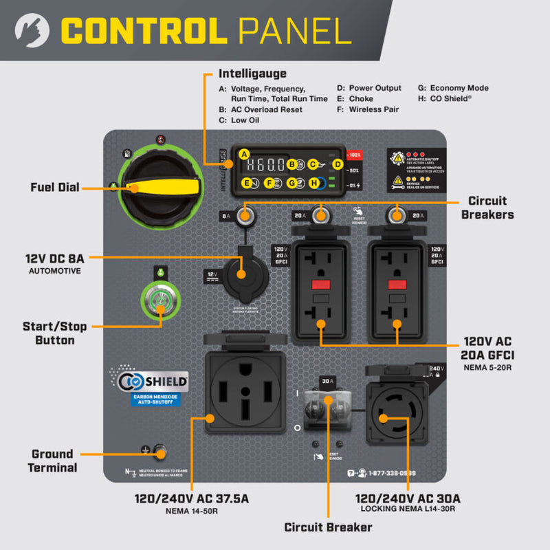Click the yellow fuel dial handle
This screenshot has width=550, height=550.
pos(168,187)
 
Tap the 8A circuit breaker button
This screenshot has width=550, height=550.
pos(245,216)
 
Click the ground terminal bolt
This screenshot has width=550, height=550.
pos(161,451)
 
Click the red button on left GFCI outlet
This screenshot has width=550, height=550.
pos(321,285)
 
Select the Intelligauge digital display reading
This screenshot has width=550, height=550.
pos(266,165)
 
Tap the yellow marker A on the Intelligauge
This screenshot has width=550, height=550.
pos(243,154)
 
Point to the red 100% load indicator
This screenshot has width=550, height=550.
pos(354,155)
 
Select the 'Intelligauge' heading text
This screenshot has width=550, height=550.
pos(252,73)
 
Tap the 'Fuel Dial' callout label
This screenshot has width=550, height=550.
pos(55,187)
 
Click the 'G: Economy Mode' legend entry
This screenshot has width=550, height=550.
pos(454,88)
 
